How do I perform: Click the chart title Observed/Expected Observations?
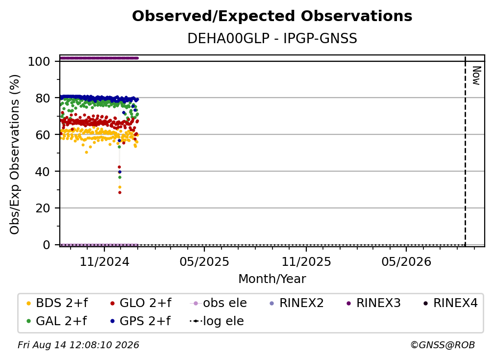point(272,16)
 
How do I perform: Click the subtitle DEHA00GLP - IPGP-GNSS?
point(272,38)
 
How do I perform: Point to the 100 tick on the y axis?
point(39,61)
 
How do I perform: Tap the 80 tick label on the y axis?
point(43,98)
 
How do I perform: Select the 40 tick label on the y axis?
point(43,172)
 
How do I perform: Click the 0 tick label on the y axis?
point(47,245)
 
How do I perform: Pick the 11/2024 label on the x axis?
point(104,261)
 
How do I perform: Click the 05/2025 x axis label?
point(204,261)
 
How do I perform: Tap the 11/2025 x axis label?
point(306,261)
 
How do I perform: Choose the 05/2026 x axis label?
point(406,261)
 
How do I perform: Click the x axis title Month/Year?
point(272,279)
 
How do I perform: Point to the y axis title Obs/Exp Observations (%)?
point(15,154)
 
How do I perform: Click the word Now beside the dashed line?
point(476,76)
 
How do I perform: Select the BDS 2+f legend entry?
point(57,303)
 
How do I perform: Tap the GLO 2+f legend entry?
point(141,303)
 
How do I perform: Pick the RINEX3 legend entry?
point(373,303)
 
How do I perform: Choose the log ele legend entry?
point(217,321)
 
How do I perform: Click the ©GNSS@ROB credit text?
point(443,345)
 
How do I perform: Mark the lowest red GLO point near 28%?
point(120,193)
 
